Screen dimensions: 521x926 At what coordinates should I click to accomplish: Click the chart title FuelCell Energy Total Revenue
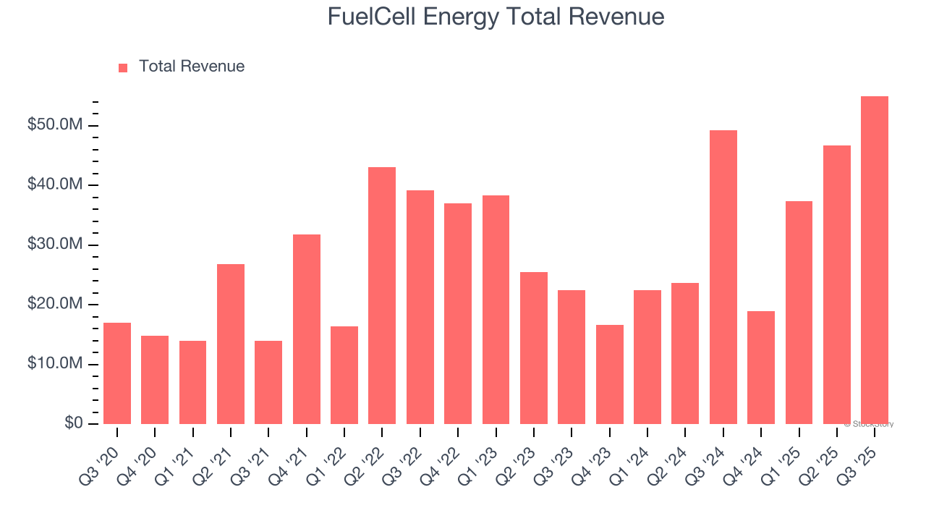496,17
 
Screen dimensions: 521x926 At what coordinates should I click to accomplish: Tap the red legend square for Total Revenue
123,67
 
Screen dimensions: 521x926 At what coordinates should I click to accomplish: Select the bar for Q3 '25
875,260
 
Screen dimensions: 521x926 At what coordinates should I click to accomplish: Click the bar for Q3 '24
723,277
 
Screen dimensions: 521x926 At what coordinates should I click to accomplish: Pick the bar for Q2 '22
382,295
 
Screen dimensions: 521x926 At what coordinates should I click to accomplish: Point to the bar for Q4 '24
761,368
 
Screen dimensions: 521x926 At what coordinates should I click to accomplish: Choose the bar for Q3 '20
117,373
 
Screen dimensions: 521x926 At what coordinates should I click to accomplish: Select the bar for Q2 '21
231,344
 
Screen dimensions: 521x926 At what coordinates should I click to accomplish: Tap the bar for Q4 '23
609,374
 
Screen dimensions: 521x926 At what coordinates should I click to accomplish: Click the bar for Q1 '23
496,310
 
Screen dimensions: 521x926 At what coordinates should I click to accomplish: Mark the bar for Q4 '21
306,329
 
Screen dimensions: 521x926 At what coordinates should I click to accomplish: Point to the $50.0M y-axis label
55,126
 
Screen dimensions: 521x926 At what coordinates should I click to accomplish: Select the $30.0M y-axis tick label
55,245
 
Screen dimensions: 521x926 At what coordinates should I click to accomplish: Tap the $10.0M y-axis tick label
55,364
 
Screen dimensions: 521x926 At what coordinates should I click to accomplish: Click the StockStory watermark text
869,424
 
